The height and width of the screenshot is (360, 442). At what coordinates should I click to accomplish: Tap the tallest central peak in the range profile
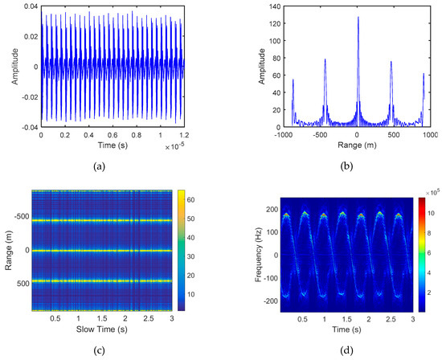pyautogui.click(x=358, y=18)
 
